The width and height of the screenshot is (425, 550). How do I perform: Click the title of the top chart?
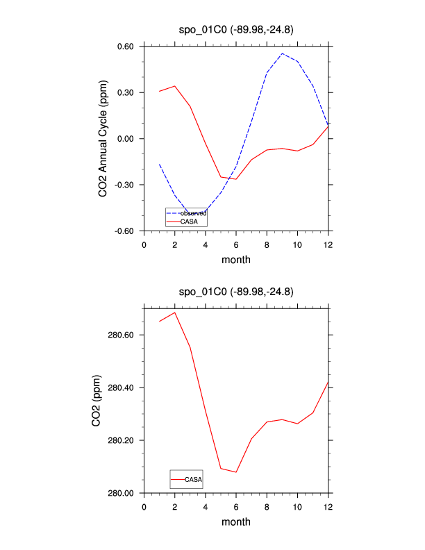click(x=236, y=30)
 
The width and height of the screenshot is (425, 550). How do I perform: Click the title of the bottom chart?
click(x=236, y=292)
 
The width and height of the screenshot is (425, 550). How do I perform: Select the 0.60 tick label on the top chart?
click(x=126, y=47)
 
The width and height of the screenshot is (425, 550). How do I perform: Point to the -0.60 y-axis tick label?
click(x=124, y=231)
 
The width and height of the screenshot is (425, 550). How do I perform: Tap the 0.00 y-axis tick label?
click(x=126, y=139)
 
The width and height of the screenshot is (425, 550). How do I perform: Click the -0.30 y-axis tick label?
click(x=124, y=185)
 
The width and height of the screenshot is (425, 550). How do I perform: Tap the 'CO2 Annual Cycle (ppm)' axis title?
click(x=103, y=139)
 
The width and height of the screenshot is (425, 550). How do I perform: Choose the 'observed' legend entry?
click(x=193, y=213)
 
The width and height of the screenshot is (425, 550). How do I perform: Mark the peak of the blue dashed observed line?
click(x=282, y=53)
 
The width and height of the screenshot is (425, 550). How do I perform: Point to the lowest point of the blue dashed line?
click(x=190, y=213)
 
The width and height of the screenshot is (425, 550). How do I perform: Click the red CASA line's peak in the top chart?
click(x=175, y=86)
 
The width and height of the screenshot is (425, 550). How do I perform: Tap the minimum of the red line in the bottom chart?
click(x=236, y=472)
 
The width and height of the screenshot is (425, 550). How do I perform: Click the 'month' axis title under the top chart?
click(x=236, y=260)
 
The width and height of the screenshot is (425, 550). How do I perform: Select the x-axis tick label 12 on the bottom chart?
click(x=328, y=506)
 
